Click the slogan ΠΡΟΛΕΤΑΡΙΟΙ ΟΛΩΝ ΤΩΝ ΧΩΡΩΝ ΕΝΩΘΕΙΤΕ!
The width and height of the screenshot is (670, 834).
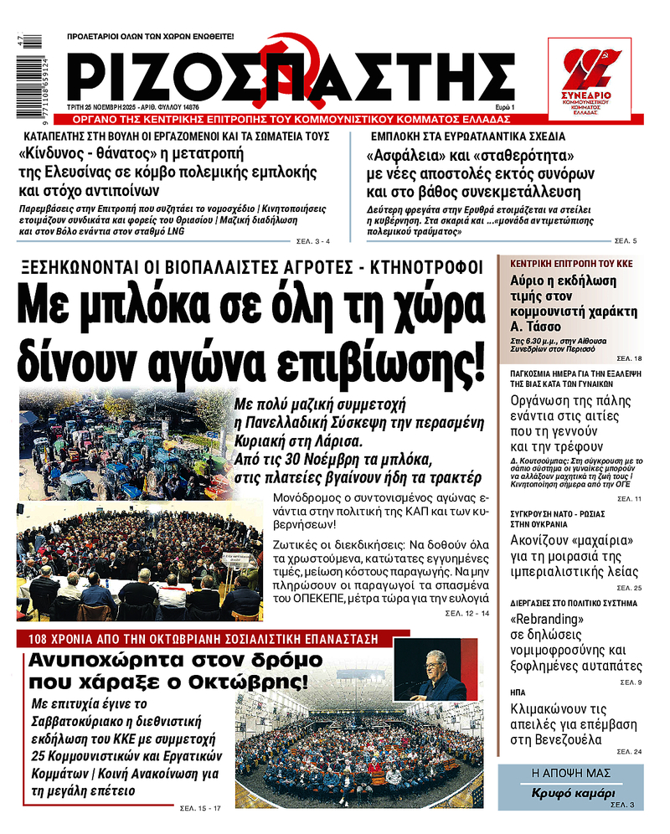click(x=151, y=38)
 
